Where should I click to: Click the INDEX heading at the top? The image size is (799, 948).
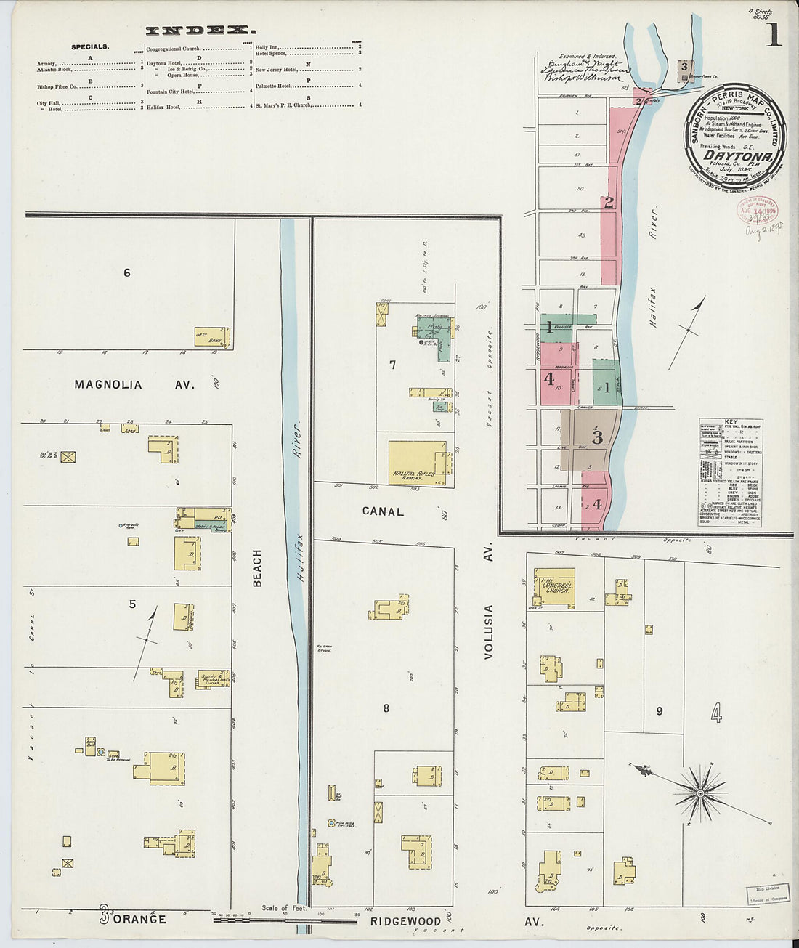200,31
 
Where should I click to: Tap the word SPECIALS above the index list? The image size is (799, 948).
90,47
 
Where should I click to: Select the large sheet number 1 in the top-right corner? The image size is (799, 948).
773,35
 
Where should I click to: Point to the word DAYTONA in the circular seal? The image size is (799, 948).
734,155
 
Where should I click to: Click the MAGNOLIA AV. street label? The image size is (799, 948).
134,385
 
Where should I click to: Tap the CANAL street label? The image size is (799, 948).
383,511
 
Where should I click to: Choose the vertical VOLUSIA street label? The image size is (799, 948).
489,631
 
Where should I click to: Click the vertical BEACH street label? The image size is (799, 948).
257,567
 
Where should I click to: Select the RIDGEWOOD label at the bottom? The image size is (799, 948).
405,921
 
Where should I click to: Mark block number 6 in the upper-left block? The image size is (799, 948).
127,273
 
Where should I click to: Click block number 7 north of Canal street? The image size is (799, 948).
392,365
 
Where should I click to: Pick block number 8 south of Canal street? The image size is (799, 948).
386,708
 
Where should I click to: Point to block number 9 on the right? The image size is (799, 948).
659,711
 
